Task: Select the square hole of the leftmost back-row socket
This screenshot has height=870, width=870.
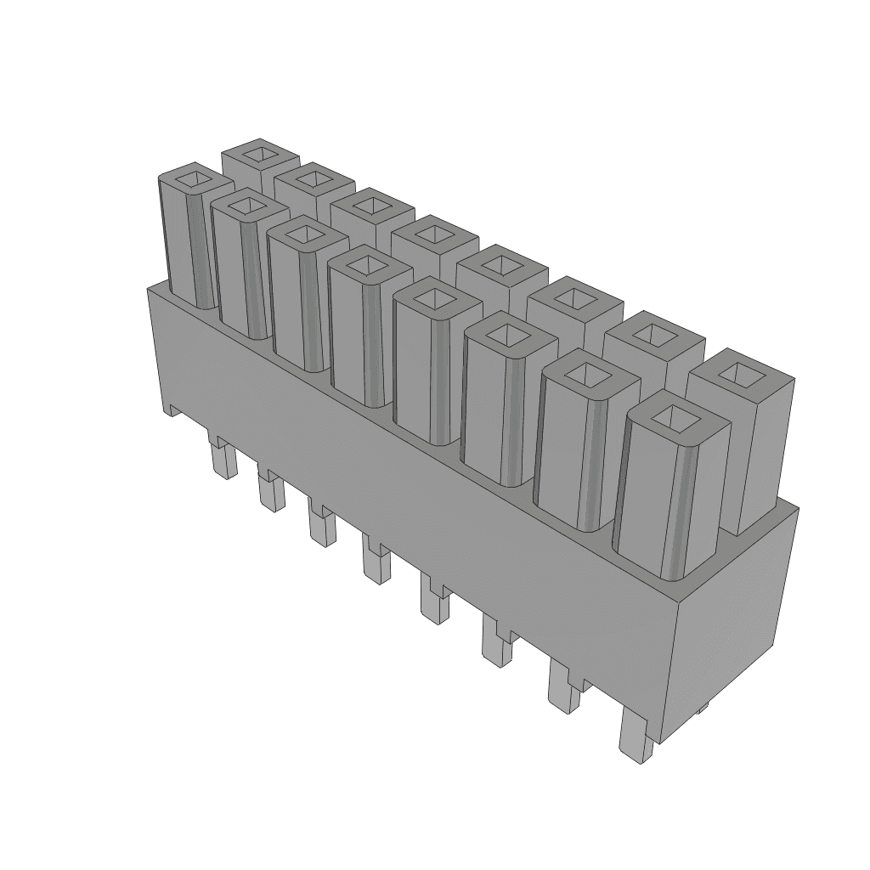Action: (x=258, y=154)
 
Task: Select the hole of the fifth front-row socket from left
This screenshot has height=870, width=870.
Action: (x=435, y=297)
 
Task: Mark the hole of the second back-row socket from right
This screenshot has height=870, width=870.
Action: (x=653, y=331)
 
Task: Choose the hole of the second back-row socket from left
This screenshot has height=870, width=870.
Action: (x=314, y=178)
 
